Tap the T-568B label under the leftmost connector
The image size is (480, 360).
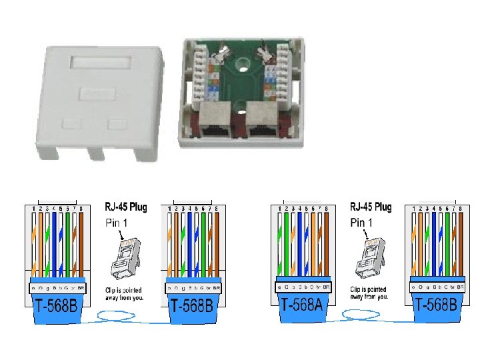tap(58, 307)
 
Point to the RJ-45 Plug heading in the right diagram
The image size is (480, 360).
tap(371, 207)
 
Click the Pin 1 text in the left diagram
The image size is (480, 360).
tap(117, 222)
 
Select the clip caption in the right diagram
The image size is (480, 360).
tap(367, 293)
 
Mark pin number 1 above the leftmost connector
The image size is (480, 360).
tap(34, 209)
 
